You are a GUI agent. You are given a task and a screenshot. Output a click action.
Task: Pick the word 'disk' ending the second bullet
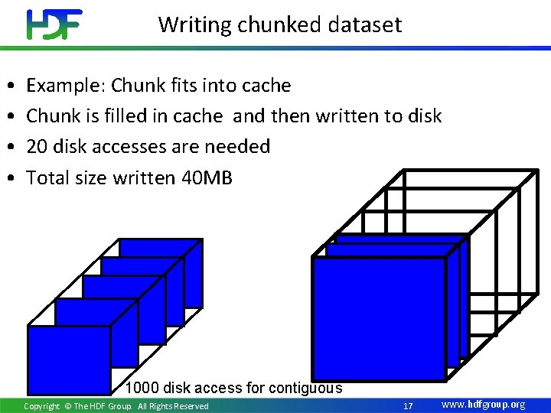pos(424,115)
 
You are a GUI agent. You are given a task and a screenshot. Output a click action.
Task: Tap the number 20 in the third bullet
pos(37,146)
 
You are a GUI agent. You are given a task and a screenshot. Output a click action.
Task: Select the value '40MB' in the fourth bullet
pos(210,177)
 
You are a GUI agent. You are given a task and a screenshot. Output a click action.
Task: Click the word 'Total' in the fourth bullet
pos(47,177)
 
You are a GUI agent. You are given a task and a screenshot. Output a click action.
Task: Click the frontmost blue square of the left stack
pos(69,359)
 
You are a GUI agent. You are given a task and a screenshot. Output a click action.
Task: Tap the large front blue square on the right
pos(379,318)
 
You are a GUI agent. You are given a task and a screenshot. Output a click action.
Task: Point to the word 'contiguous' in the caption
pos(305,388)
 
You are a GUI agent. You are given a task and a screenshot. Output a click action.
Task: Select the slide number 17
pos(408,405)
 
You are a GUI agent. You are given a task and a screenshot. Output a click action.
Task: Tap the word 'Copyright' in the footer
pos(41,406)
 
